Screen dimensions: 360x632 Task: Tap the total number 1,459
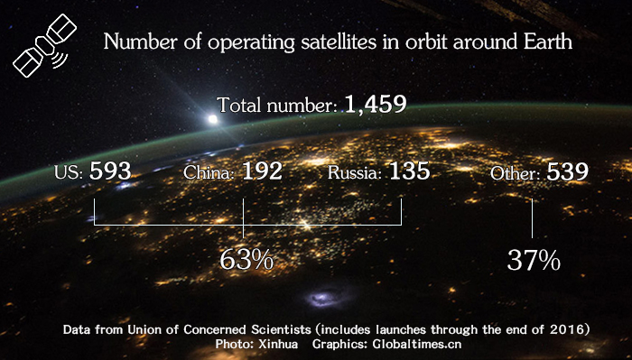click(x=373, y=105)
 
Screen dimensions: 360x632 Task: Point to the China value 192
click(x=263, y=171)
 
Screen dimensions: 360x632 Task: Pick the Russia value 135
click(x=409, y=171)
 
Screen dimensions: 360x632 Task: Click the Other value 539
click(x=568, y=171)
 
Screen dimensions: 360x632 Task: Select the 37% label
click(x=534, y=260)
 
